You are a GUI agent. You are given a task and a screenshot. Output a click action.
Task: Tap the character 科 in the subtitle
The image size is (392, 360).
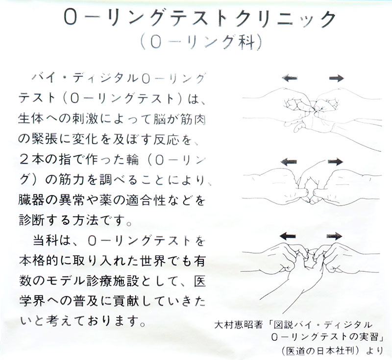245,43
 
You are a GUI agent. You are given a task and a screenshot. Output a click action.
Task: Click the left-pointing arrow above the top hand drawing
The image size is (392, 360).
290,78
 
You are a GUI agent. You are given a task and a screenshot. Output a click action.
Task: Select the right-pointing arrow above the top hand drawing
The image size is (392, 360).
337,78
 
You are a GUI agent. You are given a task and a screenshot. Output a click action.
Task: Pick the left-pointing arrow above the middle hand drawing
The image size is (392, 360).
289,162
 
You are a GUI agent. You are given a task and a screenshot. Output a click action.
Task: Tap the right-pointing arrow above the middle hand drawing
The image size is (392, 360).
336,162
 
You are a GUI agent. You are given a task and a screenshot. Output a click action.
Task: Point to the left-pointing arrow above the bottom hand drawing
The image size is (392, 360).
288,236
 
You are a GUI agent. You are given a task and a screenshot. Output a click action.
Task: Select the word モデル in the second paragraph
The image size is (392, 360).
66,282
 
